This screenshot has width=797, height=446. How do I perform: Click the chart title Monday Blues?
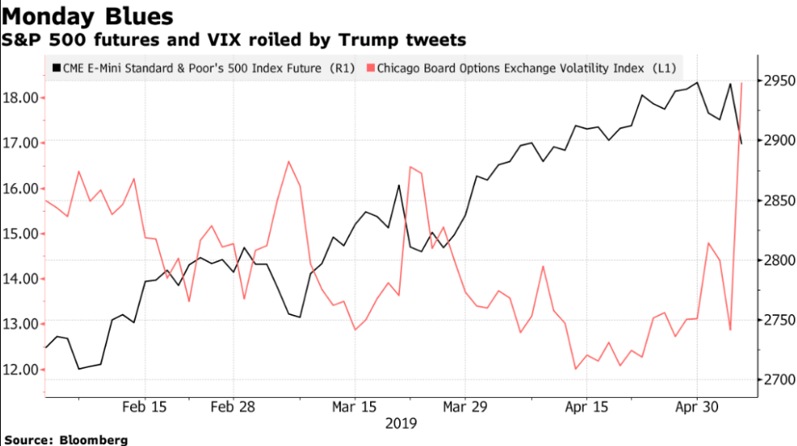(87, 15)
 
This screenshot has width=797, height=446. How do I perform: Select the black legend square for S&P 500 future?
(55, 69)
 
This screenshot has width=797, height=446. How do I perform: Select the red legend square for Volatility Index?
(370, 69)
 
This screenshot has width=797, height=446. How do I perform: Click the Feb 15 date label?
(145, 405)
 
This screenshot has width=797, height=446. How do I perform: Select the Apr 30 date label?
(697, 405)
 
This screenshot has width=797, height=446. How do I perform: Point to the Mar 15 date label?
(355, 405)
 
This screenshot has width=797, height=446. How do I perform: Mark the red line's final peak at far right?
(742, 83)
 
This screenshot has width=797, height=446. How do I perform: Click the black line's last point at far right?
(742, 144)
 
